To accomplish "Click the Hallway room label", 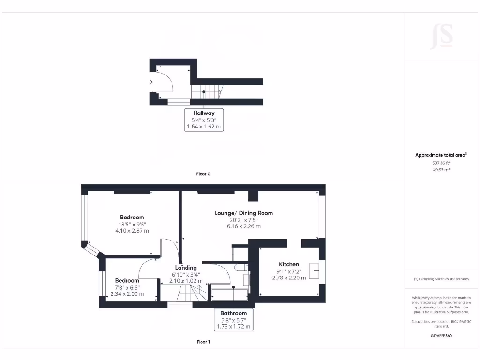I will point(204,113).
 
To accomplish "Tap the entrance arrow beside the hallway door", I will point(150,82).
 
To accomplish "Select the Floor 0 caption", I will point(203,174).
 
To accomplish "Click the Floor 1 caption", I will point(203,342).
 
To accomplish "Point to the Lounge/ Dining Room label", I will point(244,213).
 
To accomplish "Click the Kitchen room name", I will point(289,264).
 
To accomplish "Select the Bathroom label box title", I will point(233,313).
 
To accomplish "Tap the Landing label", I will point(186,268).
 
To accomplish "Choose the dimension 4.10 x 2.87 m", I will point(132,231).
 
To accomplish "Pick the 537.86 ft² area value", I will point(441,163).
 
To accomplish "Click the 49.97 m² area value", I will point(441,170).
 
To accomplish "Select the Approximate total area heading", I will point(441,155).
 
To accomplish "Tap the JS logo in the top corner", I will point(442,36).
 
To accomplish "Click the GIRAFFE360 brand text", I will point(441,336).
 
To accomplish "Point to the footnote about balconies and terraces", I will point(441,279).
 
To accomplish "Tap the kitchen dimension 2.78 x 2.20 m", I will point(289,277).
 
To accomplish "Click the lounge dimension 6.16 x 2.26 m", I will point(244,226).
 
